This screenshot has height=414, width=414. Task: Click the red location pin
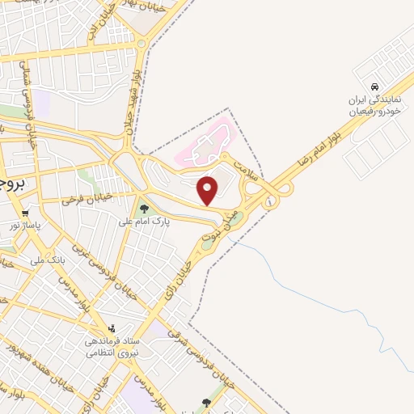208,190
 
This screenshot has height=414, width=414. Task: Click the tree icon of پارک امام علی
143,209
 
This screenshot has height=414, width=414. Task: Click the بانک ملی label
48,260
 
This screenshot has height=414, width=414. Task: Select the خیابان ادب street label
96,29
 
